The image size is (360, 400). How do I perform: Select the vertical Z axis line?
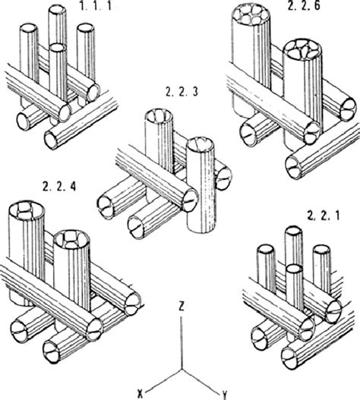[x=181, y=338]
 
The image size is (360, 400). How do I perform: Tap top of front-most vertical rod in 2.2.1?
[x=295, y=268]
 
